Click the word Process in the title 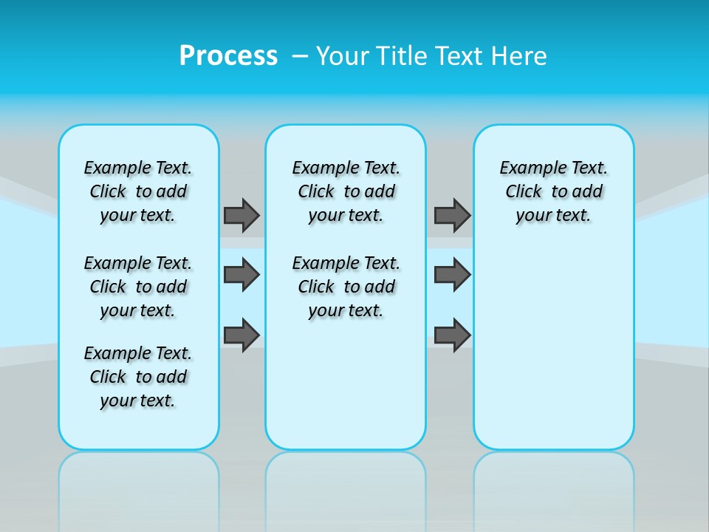tap(228, 56)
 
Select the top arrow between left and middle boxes tap(241, 215)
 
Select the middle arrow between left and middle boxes tap(241, 275)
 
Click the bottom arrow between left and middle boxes tap(241, 335)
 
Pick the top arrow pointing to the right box tap(452, 215)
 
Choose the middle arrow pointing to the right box tap(452, 275)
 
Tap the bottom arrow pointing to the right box tap(452, 335)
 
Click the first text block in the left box tap(138, 191)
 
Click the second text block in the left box tap(138, 287)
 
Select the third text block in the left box tap(138, 377)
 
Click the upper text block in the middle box tap(346, 191)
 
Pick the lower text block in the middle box tap(346, 287)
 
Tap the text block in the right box tap(553, 191)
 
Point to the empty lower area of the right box tap(553, 347)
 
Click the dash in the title tap(301, 56)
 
